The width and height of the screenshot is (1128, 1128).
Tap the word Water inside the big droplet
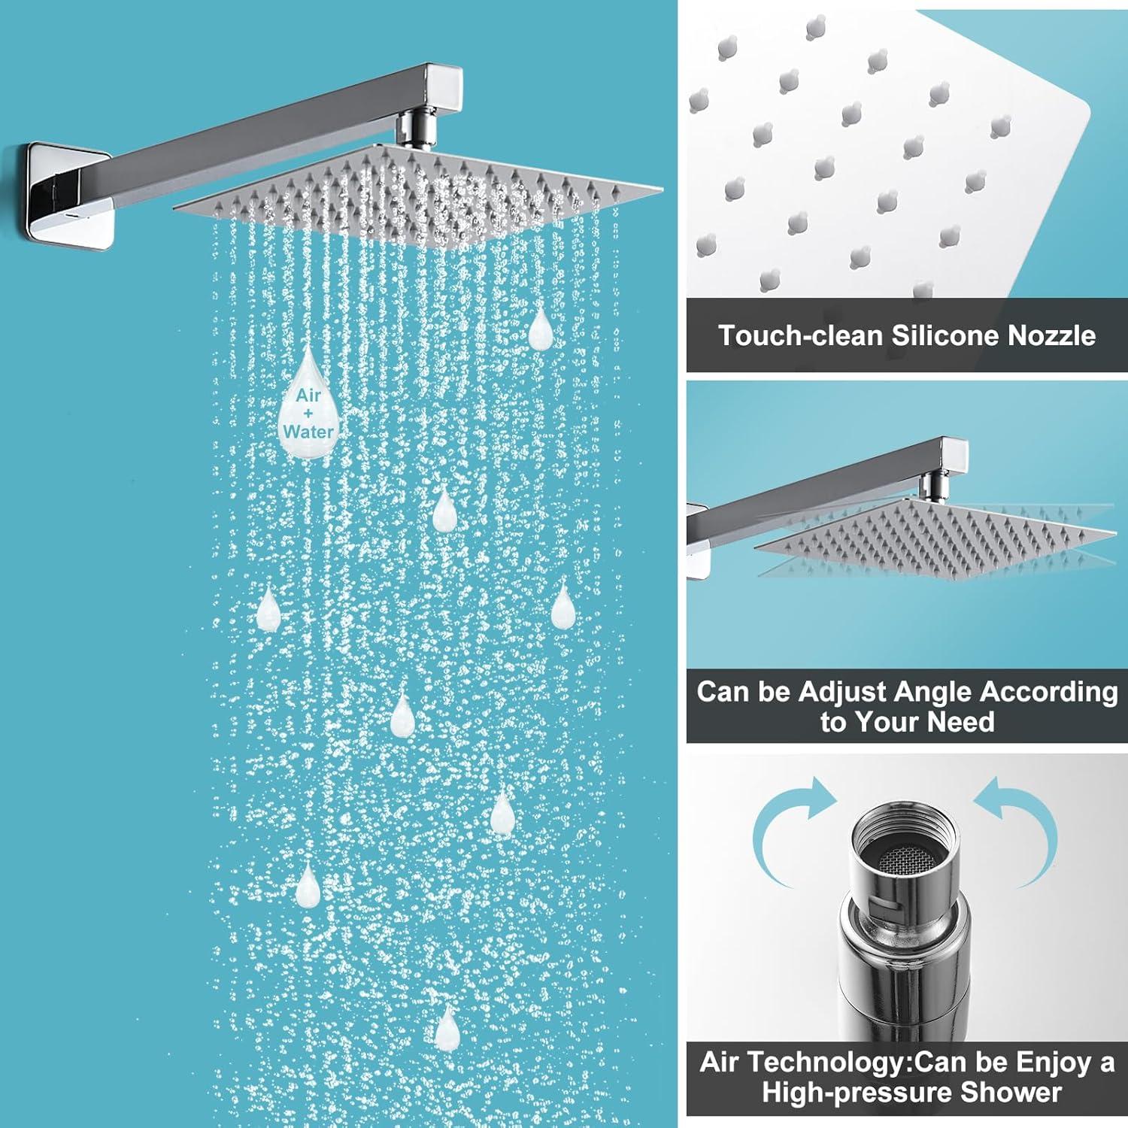tap(308, 432)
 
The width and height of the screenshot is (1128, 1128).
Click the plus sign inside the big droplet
tap(308, 414)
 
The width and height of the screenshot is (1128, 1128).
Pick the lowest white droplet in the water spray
tap(447, 1028)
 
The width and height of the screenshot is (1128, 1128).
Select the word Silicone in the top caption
tap(946, 335)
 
